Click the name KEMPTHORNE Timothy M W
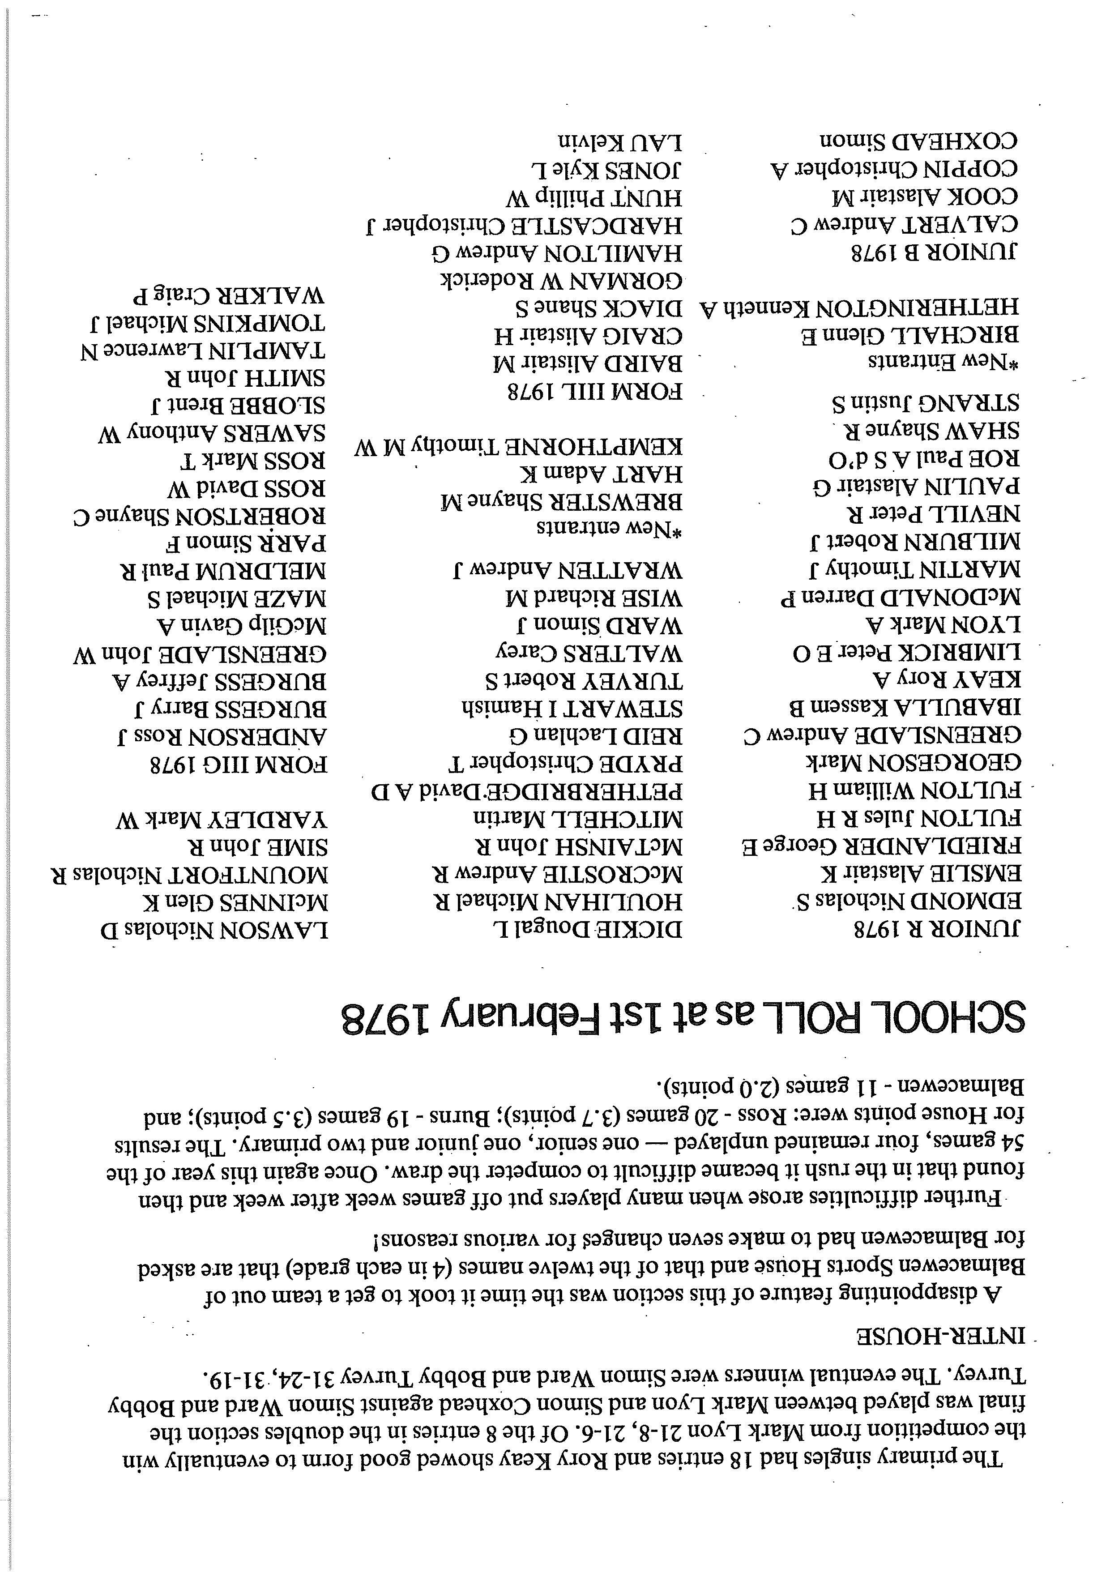[x=518, y=447]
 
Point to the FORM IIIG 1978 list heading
[x=238, y=764]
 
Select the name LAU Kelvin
[x=619, y=142]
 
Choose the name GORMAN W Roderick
[x=562, y=281]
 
